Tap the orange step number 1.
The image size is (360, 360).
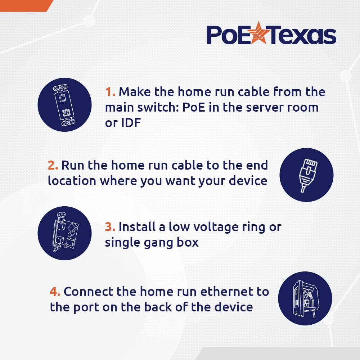click(110, 92)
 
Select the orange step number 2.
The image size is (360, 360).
click(53, 165)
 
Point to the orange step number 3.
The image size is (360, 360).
click(110, 227)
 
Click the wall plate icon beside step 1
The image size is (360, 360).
click(64, 104)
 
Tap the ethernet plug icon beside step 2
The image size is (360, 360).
click(306, 175)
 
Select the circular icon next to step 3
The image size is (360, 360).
click(64, 233)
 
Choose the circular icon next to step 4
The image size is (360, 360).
click(305, 299)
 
